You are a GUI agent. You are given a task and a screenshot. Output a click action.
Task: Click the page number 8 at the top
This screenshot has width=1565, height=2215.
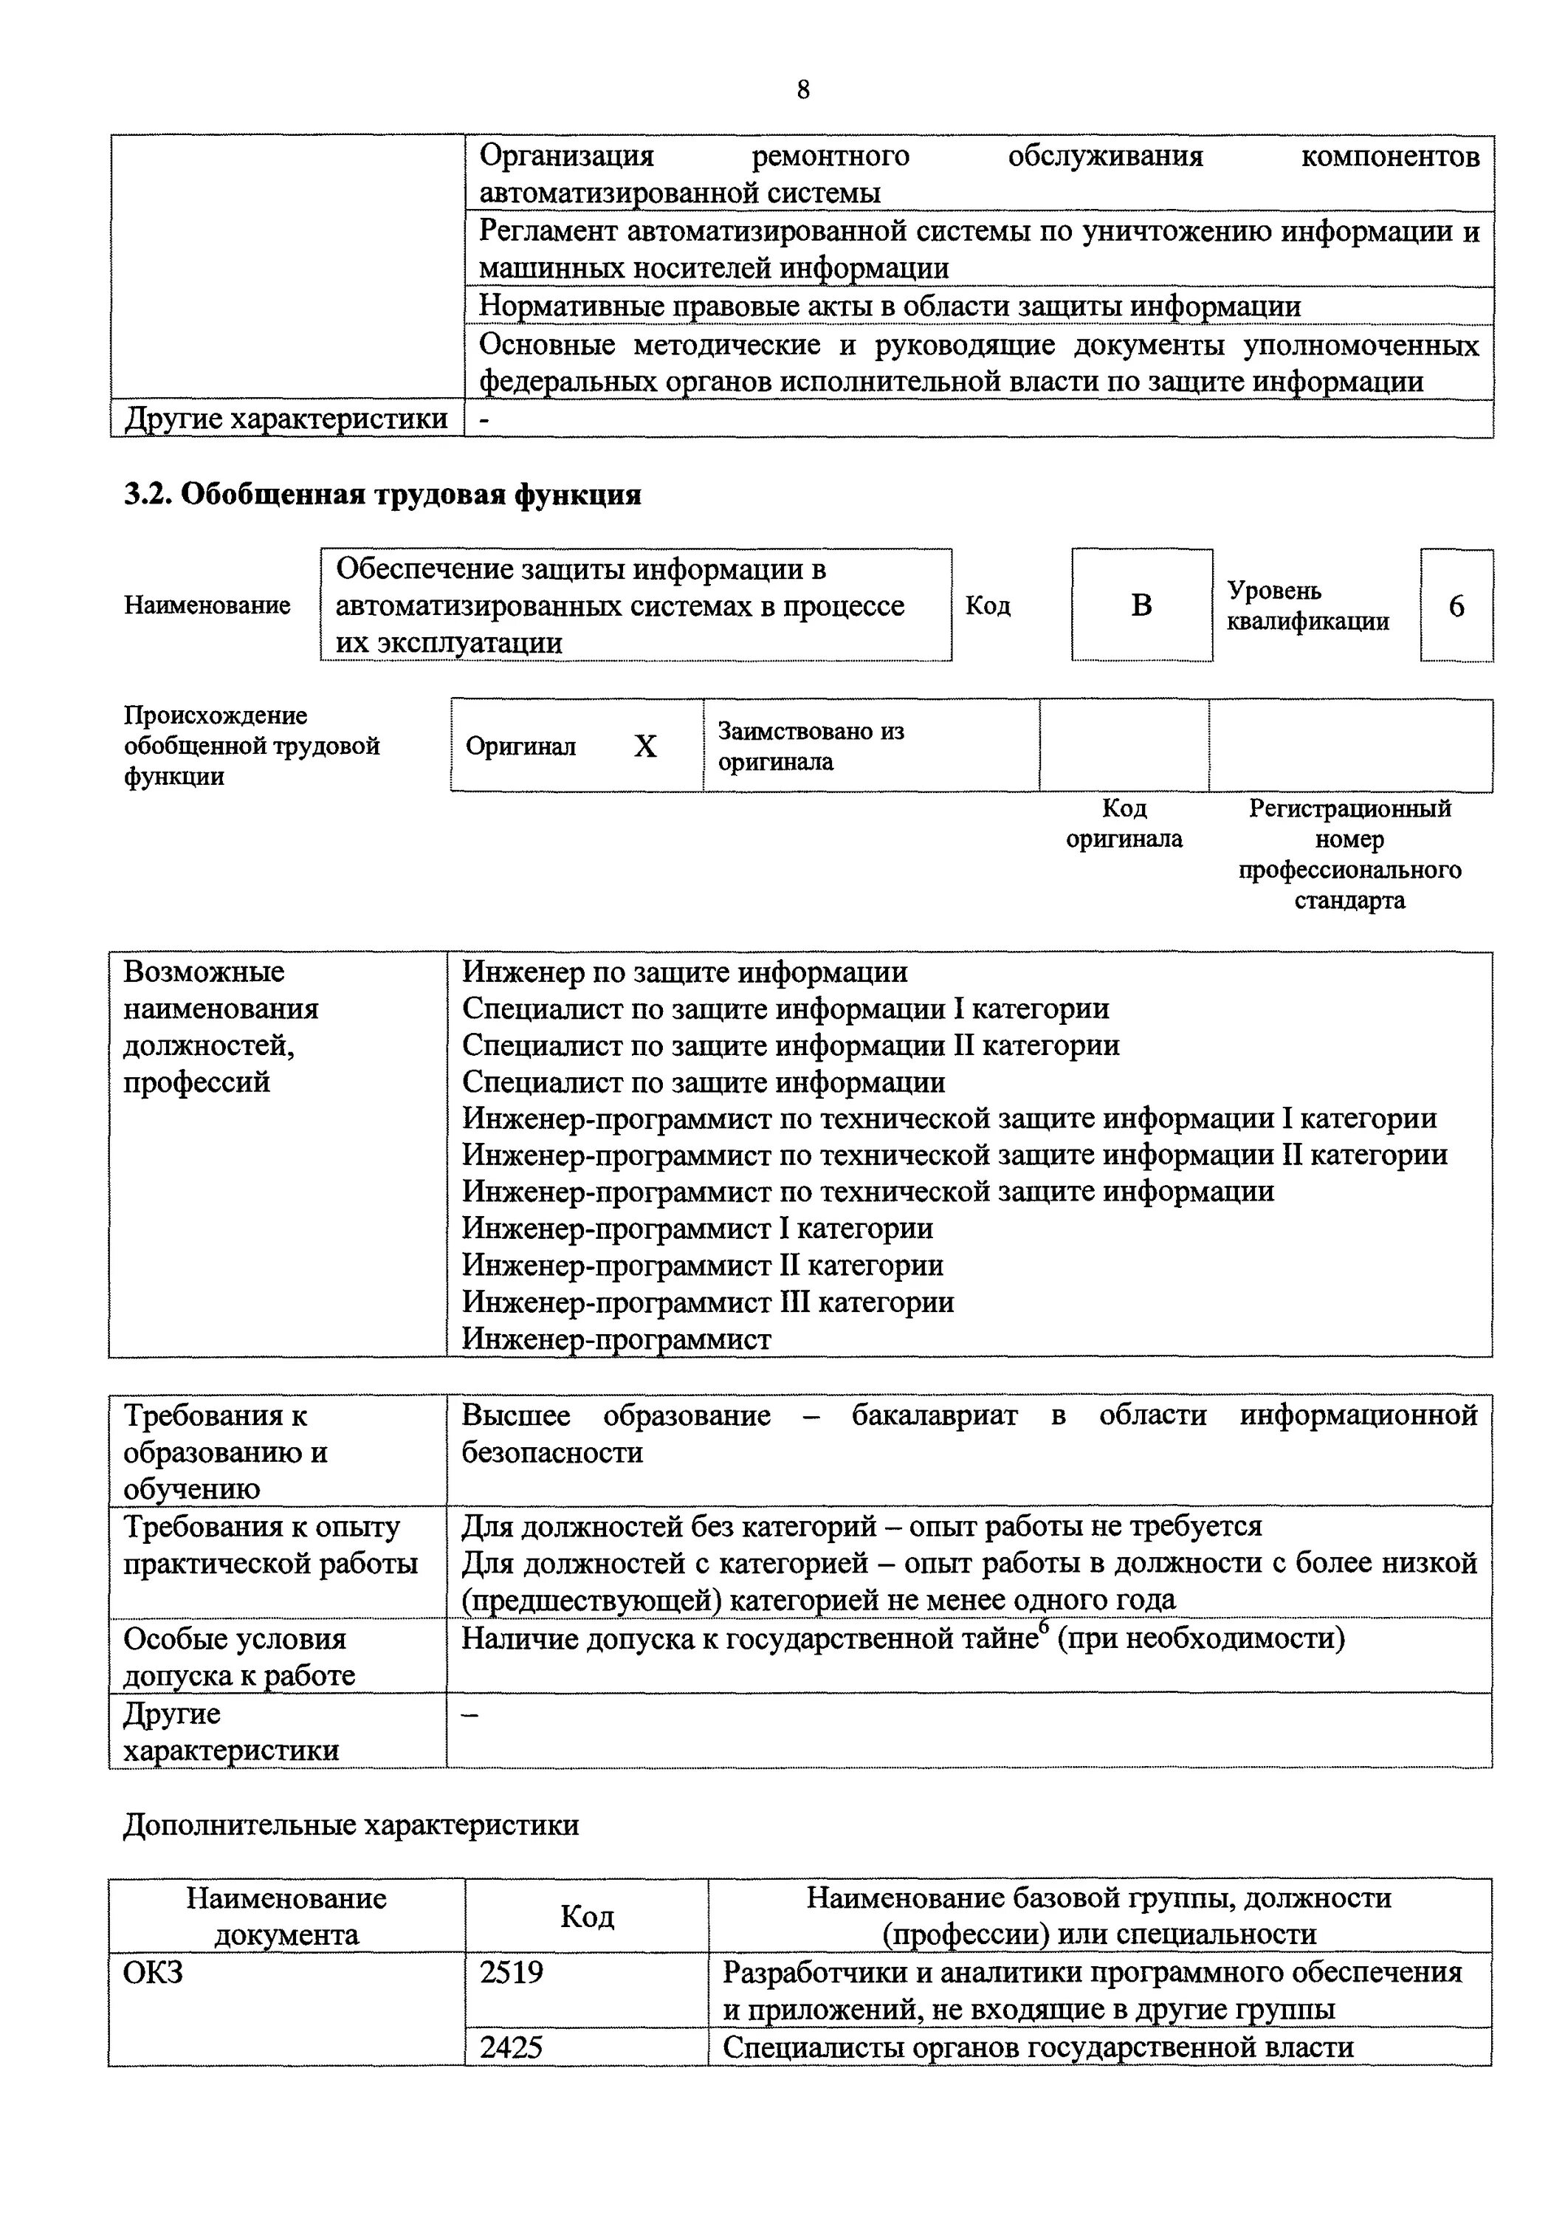click(x=803, y=90)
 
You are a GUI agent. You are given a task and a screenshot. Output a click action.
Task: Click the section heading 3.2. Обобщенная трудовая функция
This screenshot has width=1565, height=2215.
click(x=382, y=495)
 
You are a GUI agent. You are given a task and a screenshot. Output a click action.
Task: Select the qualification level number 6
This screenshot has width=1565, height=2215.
click(x=1456, y=606)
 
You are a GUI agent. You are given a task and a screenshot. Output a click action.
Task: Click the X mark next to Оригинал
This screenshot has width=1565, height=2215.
click(x=645, y=746)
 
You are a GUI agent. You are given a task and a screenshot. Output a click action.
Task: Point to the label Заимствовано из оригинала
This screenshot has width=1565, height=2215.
click(x=810, y=746)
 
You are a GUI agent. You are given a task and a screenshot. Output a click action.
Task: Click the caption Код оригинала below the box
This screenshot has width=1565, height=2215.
click(x=1124, y=823)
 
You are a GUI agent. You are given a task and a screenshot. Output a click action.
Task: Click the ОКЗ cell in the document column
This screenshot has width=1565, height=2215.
click(x=154, y=1972)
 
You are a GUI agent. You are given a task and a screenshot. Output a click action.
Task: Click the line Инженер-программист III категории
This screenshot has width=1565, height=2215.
click(x=708, y=1302)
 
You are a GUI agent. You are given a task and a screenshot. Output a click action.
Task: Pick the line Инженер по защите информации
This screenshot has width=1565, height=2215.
click(x=684, y=972)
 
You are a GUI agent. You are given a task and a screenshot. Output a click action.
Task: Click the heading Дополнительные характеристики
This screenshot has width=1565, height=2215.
click(x=351, y=1824)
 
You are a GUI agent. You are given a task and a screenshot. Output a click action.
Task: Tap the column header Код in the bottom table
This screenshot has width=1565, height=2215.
click(x=586, y=1916)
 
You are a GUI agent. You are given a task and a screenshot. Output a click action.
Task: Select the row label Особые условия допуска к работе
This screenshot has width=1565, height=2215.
click(x=239, y=1656)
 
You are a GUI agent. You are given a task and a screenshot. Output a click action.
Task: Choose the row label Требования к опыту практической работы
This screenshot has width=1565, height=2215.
click(x=270, y=1545)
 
